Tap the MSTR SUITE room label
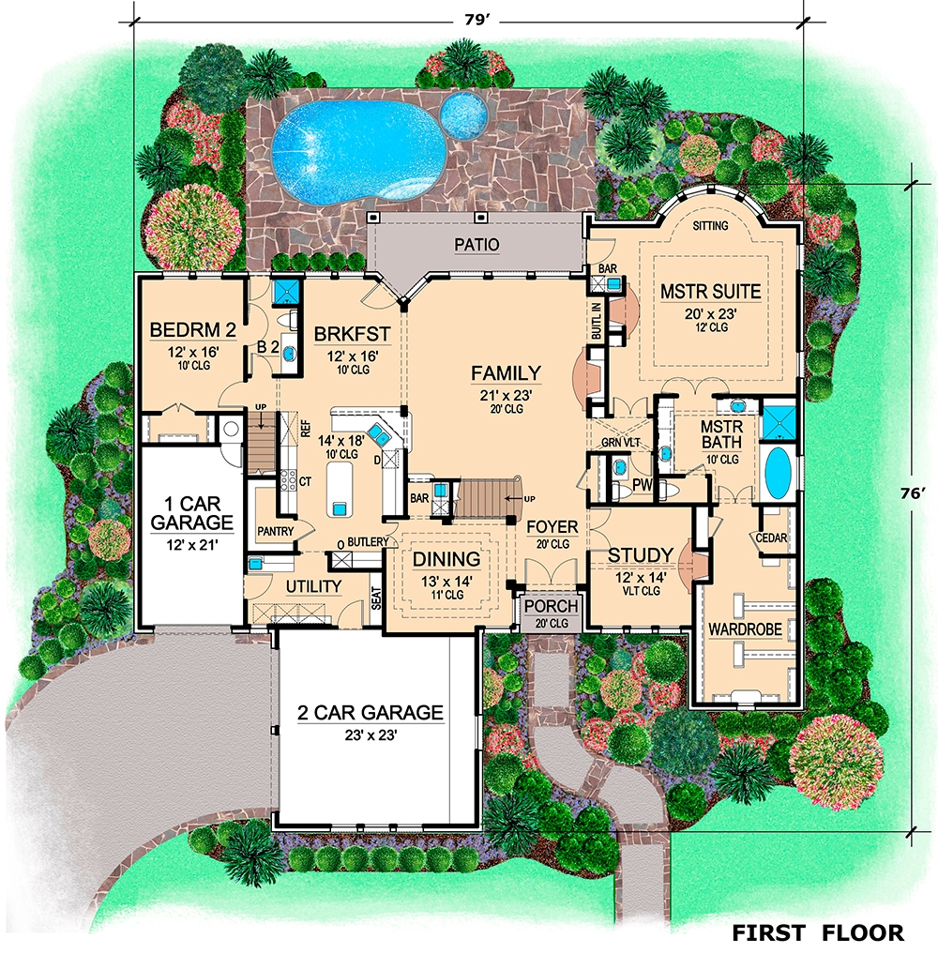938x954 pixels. tap(710, 292)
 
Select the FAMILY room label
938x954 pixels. tap(506, 373)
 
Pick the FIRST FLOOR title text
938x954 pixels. tap(818, 932)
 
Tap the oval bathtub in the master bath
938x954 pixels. tap(778, 474)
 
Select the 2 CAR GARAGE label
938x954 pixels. tap(370, 713)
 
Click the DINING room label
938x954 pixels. tap(446, 560)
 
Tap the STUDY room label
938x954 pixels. tap(640, 554)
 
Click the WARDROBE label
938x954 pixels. tap(745, 628)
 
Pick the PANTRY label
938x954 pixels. tap(276, 531)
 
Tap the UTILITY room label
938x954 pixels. tap(312, 586)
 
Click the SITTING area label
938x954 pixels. tap(710, 226)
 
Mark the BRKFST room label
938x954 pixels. tap(346, 333)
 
